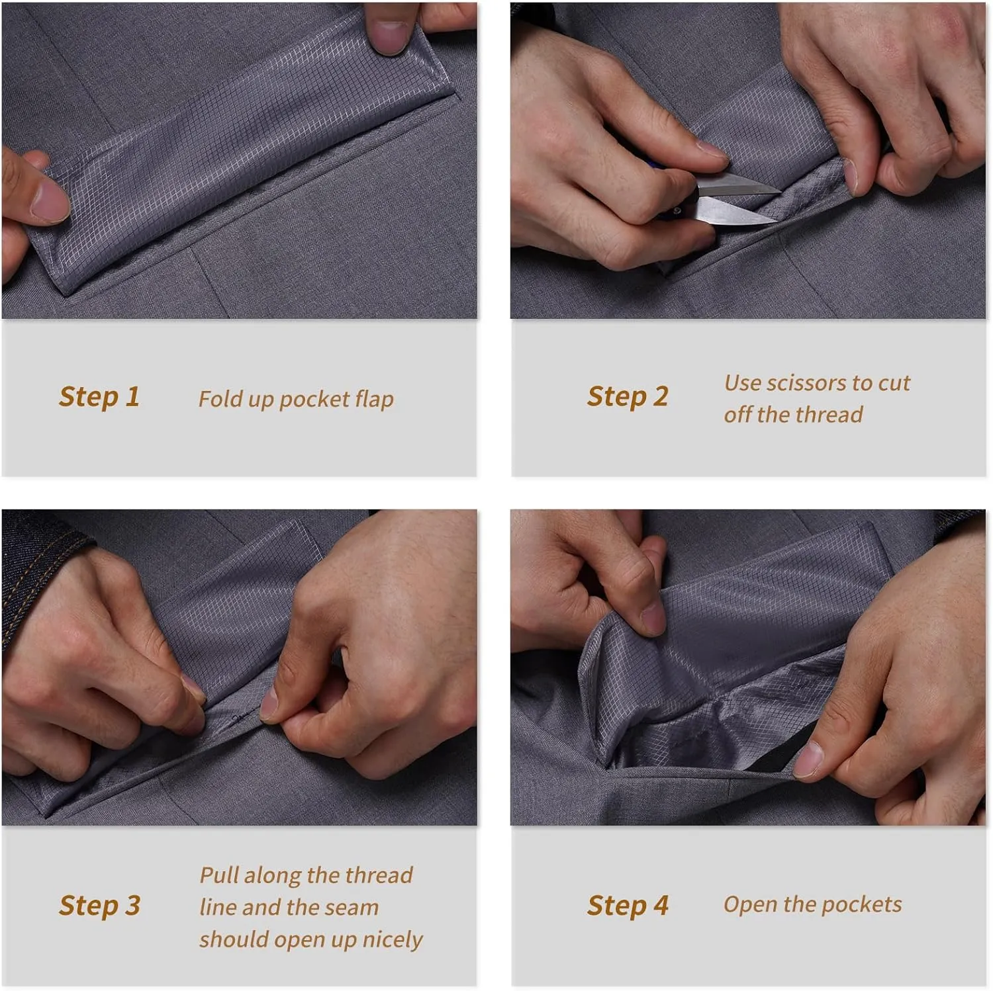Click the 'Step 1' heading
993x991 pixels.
coord(99,397)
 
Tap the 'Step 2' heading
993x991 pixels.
coord(628,397)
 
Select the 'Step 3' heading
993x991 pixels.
coord(99,906)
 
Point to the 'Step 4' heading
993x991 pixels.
coord(628,906)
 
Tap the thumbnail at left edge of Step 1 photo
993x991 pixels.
coord(52,199)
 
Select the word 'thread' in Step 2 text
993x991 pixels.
coord(830,415)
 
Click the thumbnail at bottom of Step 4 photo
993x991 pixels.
coord(809,759)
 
